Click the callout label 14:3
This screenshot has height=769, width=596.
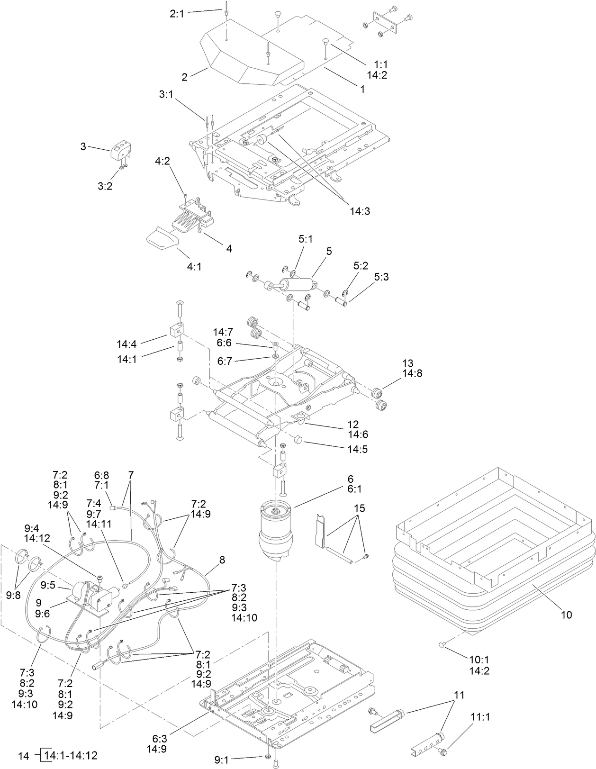pyautogui.click(x=360, y=211)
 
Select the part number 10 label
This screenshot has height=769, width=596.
pyautogui.click(x=567, y=615)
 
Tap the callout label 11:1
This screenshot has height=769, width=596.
pyautogui.click(x=480, y=717)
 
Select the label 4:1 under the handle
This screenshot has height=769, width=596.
pyautogui.click(x=194, y=267)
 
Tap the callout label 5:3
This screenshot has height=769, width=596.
pyautogui.click(x=381, y=277)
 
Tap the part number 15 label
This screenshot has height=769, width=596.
pyautogui.click(x=360, y=508)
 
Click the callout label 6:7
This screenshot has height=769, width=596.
pyautogui.click(x=225, y=361)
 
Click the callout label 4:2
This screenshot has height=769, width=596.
pyautogui.click(x=163, y=161)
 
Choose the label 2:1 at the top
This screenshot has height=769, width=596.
pyautogui.click(x=177, y=14)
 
